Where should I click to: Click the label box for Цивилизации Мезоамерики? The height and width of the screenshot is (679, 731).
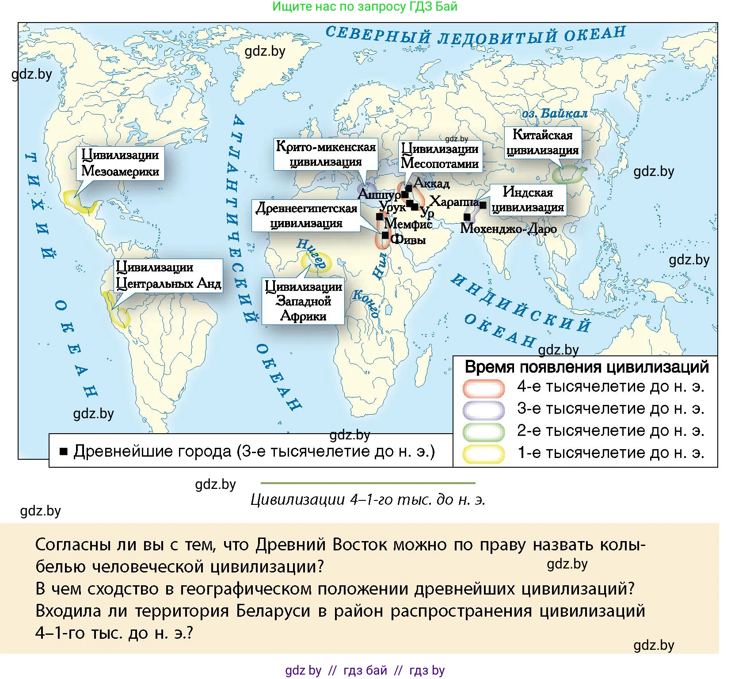point(120,163)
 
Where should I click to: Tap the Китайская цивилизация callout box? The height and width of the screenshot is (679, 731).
point(542,142)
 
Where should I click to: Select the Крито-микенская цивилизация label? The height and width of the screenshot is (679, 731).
point(326,154)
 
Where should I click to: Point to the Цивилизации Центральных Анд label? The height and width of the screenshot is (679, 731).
point(168,275)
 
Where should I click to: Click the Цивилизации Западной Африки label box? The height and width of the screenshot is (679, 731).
point(303,301)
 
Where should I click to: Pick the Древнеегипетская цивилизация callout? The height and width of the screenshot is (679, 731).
point(306,215)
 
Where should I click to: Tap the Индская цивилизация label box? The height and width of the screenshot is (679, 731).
point(528,199)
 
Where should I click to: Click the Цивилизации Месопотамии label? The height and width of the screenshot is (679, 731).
point(440,156)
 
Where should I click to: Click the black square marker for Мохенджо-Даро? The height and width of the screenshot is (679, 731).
point(467,217)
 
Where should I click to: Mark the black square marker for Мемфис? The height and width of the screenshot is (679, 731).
point(380,217)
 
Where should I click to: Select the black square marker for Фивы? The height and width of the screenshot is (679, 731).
point(385,235)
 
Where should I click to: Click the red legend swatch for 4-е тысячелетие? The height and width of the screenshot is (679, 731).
point(484,388)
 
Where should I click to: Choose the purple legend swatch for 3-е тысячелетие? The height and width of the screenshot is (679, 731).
point(484,409)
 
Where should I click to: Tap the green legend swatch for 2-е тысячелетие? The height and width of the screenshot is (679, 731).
point(484,431)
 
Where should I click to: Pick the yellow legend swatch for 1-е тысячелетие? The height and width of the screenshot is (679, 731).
point(484,454)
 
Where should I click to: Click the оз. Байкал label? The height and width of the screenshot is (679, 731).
point(555,114)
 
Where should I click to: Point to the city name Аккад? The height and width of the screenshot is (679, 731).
point(432,183)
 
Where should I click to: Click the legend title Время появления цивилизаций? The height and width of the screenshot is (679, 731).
point(586,367)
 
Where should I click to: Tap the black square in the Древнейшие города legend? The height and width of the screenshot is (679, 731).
point(64,451)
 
